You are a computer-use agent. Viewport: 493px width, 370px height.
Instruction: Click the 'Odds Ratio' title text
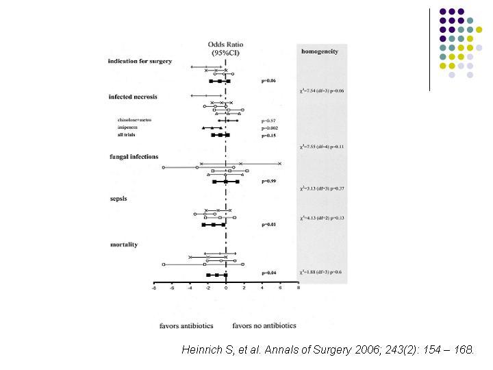pyautogui.click(x=225, y=45)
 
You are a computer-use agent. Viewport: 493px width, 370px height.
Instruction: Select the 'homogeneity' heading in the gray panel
pyautogui.click(x=320, y=52)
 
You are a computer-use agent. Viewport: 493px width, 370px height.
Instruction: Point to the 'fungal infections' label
pyautogui.click(x=134, y=157)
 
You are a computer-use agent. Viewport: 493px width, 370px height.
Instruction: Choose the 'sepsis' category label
pyautogui.click(x=119, y=198)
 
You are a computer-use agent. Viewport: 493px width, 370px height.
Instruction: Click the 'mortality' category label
pyautogui.click(x=124, y=245)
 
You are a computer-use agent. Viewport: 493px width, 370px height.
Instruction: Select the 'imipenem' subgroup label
pyautogui.click(x=128, y=127)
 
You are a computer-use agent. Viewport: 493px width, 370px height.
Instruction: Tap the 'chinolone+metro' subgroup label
pyautogui.click(x=134, y=120)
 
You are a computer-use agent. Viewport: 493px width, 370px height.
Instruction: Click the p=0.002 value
pyautogui.click(x=271, y=128)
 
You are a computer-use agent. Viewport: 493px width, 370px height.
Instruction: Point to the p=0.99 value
pyautogui.click(x=269, y=182)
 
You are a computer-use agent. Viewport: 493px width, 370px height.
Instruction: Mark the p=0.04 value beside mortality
pyautogui.click(x=269, y=273)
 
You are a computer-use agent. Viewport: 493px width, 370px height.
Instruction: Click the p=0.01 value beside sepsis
pyautogui.click(x=269, y=224)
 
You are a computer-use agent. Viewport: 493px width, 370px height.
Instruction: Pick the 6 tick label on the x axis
pyautogui.click(x=280, y=288)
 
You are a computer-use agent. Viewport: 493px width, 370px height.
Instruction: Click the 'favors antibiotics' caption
pyautogui.click(x=186, y=325)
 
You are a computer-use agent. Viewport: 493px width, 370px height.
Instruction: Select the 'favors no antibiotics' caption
pyautogui.click(x=261, y=325)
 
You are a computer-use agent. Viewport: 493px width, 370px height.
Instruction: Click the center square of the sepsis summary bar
pyautogui.click(x=214, y=225)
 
